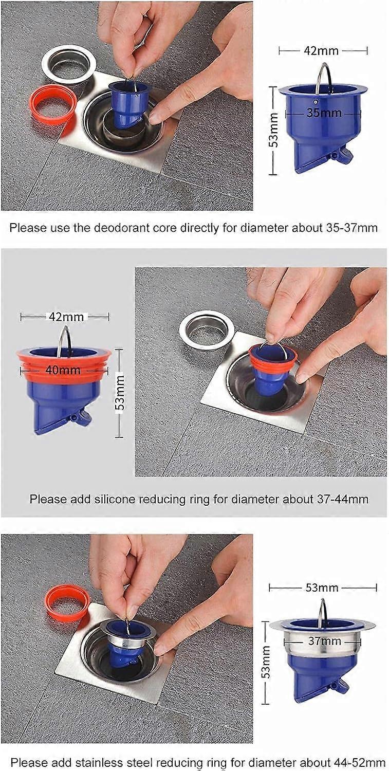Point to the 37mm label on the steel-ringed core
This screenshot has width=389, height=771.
324,641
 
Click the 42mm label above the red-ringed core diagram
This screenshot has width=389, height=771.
66,317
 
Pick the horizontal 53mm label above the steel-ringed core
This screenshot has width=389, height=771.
322,588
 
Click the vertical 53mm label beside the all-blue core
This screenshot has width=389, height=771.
274,131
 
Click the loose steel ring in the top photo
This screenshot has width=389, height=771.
69,64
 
